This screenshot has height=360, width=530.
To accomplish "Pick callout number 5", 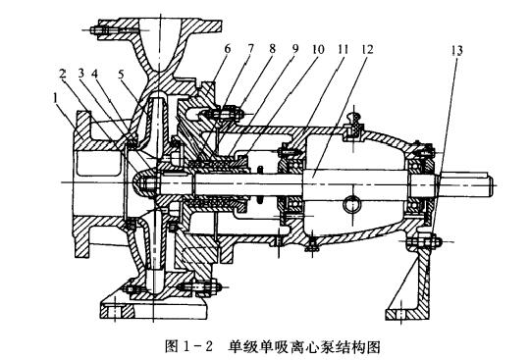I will (120, 74).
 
